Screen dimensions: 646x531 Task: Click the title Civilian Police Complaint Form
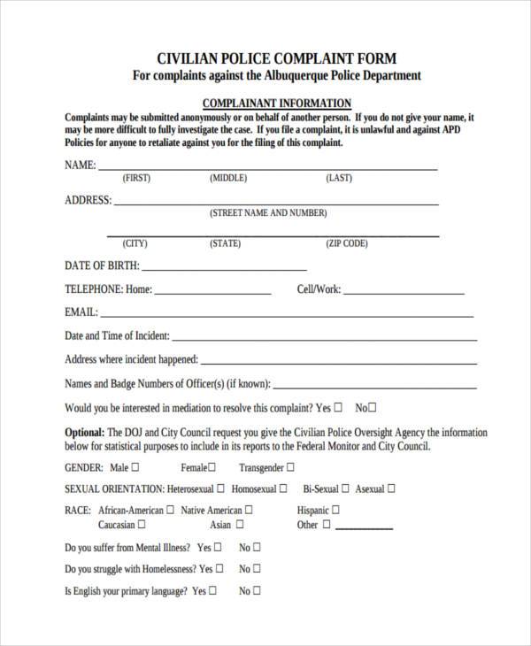276,59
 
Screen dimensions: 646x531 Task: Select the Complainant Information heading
277,103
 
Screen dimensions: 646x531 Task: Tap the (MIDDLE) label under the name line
228,178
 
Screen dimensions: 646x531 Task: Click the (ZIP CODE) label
347,243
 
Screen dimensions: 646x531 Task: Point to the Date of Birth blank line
225,268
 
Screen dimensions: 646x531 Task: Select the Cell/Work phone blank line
404,292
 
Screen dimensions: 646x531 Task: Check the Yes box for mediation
338,408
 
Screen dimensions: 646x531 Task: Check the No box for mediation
373,408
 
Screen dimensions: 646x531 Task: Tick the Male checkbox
135,466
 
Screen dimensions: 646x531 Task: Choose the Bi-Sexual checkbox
346,488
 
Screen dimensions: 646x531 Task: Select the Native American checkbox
249,510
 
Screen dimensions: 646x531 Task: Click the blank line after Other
363,527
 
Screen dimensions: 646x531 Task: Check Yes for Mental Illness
219,547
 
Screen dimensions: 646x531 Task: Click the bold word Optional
85,433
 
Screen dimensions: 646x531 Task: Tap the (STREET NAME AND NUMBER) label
268,213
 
